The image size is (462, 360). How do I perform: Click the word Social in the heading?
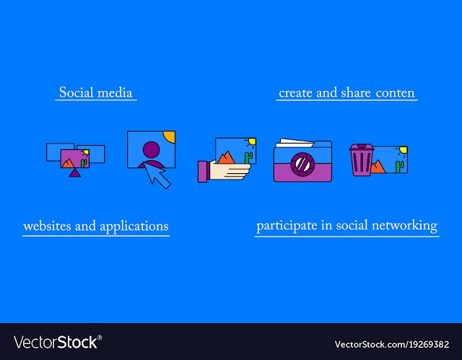click(x=76, y=92)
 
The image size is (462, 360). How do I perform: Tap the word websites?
click(x=47, y=226)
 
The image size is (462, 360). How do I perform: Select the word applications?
click(x=134, y=227)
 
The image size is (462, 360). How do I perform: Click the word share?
click(x=356, y=92)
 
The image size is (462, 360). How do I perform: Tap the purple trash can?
click(x=362, y=160)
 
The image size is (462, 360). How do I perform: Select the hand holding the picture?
click(x=225, y=171)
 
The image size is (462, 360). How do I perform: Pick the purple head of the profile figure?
click(x=151, y=149)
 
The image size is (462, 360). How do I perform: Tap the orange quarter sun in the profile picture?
click(x=170, y=136)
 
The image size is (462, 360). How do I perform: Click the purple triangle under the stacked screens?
click(x=75, y=172)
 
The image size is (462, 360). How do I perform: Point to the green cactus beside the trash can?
click(x=400, y=167)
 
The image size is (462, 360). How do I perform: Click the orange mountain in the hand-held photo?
click(x=226, y=157)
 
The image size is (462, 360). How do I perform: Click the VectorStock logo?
click(x=58, y=343)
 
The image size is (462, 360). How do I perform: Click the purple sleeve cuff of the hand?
click(x=203, y=171)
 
